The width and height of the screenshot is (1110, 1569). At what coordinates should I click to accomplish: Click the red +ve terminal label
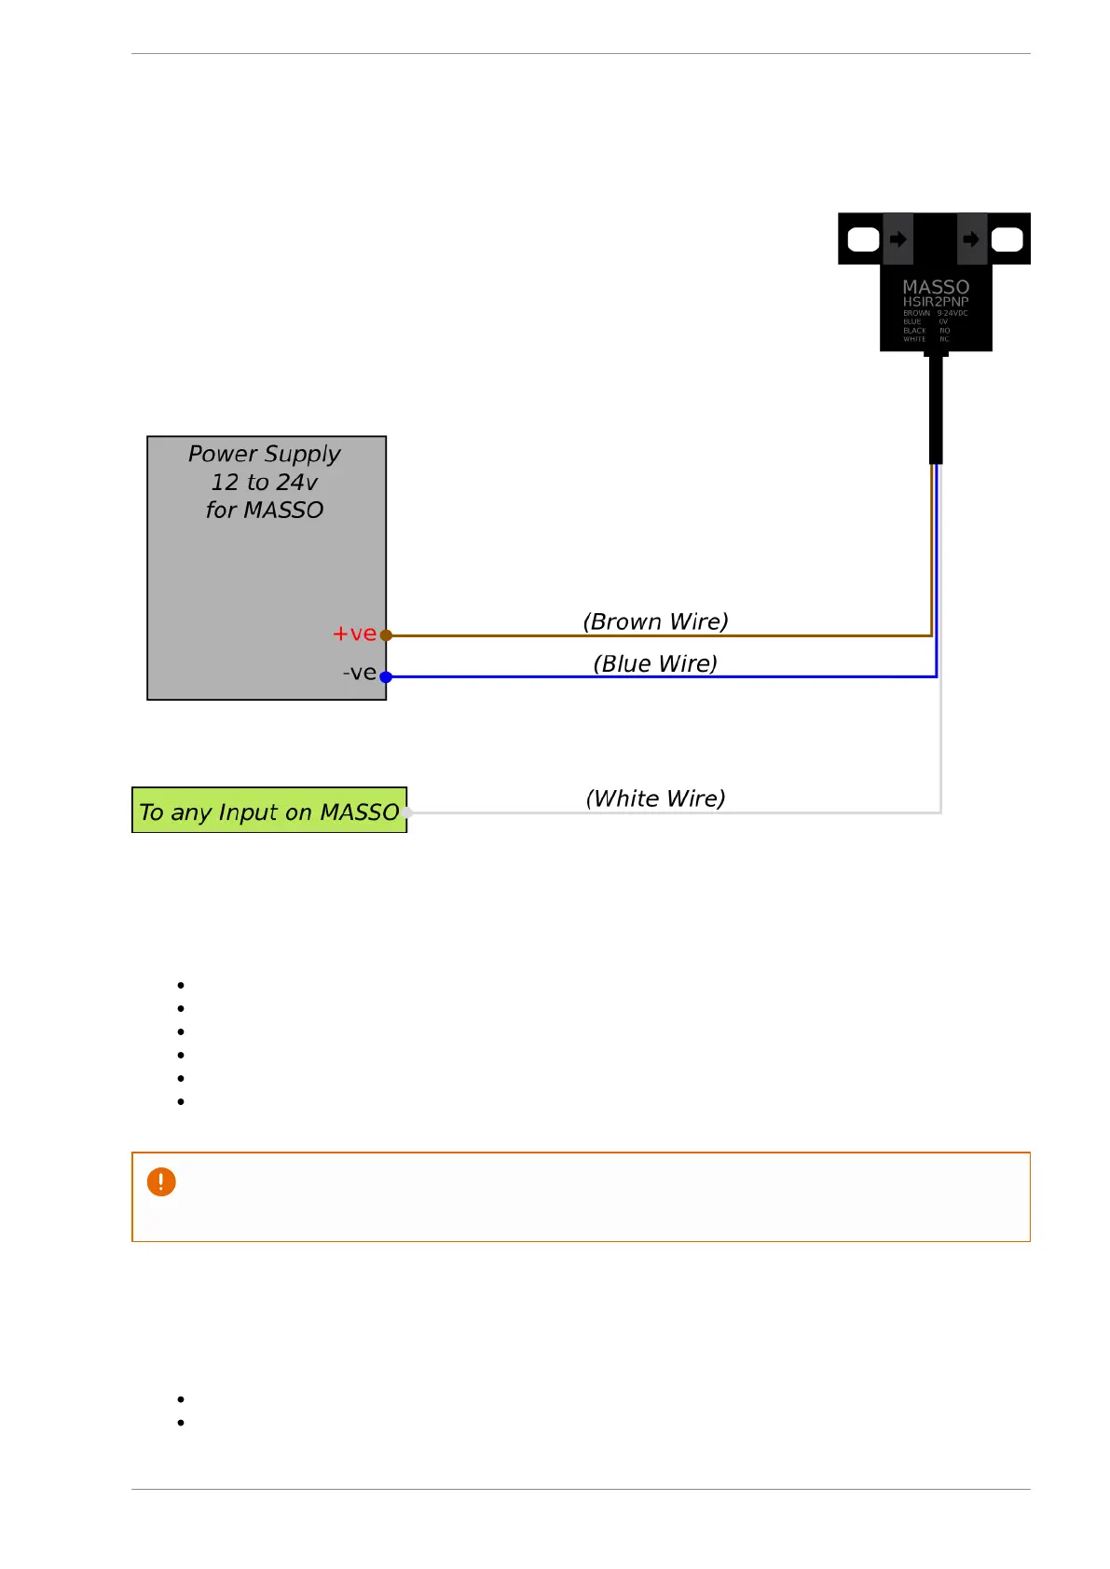[x=354, y=634]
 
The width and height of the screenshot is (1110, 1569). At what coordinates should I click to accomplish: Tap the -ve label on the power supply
[x=359, y=673]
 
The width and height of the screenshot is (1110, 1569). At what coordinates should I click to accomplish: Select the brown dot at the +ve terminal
[x=386, y=635]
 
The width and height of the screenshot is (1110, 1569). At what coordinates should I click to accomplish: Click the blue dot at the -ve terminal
[x=386, y=677]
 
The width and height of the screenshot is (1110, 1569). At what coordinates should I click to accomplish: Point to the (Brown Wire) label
[x=655, y=621]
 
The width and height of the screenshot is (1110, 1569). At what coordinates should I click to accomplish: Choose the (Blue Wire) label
[x=655, y=663]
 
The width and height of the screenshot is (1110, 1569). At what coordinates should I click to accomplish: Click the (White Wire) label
[x=655, y=798]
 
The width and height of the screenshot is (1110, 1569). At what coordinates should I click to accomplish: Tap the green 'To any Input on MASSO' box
[x=268, y=811]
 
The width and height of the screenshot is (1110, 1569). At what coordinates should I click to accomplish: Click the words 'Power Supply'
[x=265, y=454]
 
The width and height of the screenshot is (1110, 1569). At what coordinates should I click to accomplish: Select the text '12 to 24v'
[x=265, y=482]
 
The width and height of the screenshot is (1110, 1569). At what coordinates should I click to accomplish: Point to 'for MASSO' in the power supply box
[x=265, y=510]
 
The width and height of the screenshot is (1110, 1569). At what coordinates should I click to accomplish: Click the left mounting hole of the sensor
[x=864, y=239]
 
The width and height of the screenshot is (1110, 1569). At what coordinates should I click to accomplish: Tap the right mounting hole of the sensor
[x=1007, y=239]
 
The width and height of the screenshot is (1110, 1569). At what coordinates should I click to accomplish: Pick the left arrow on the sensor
[x=898, y=239]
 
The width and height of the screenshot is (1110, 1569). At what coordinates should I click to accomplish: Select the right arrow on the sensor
[x=971, y=239]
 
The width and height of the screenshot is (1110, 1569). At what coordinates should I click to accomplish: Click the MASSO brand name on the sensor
[x=936, y=287]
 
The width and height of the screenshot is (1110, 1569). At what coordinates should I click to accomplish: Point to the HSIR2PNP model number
[x=936, y=302]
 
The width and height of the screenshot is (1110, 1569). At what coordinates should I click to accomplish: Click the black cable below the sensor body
[x=936, y=410]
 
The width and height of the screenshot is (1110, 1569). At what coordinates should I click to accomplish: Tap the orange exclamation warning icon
[x=161, y=1182]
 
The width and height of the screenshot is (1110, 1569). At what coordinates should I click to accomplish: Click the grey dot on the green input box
[x=407, y=812]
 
